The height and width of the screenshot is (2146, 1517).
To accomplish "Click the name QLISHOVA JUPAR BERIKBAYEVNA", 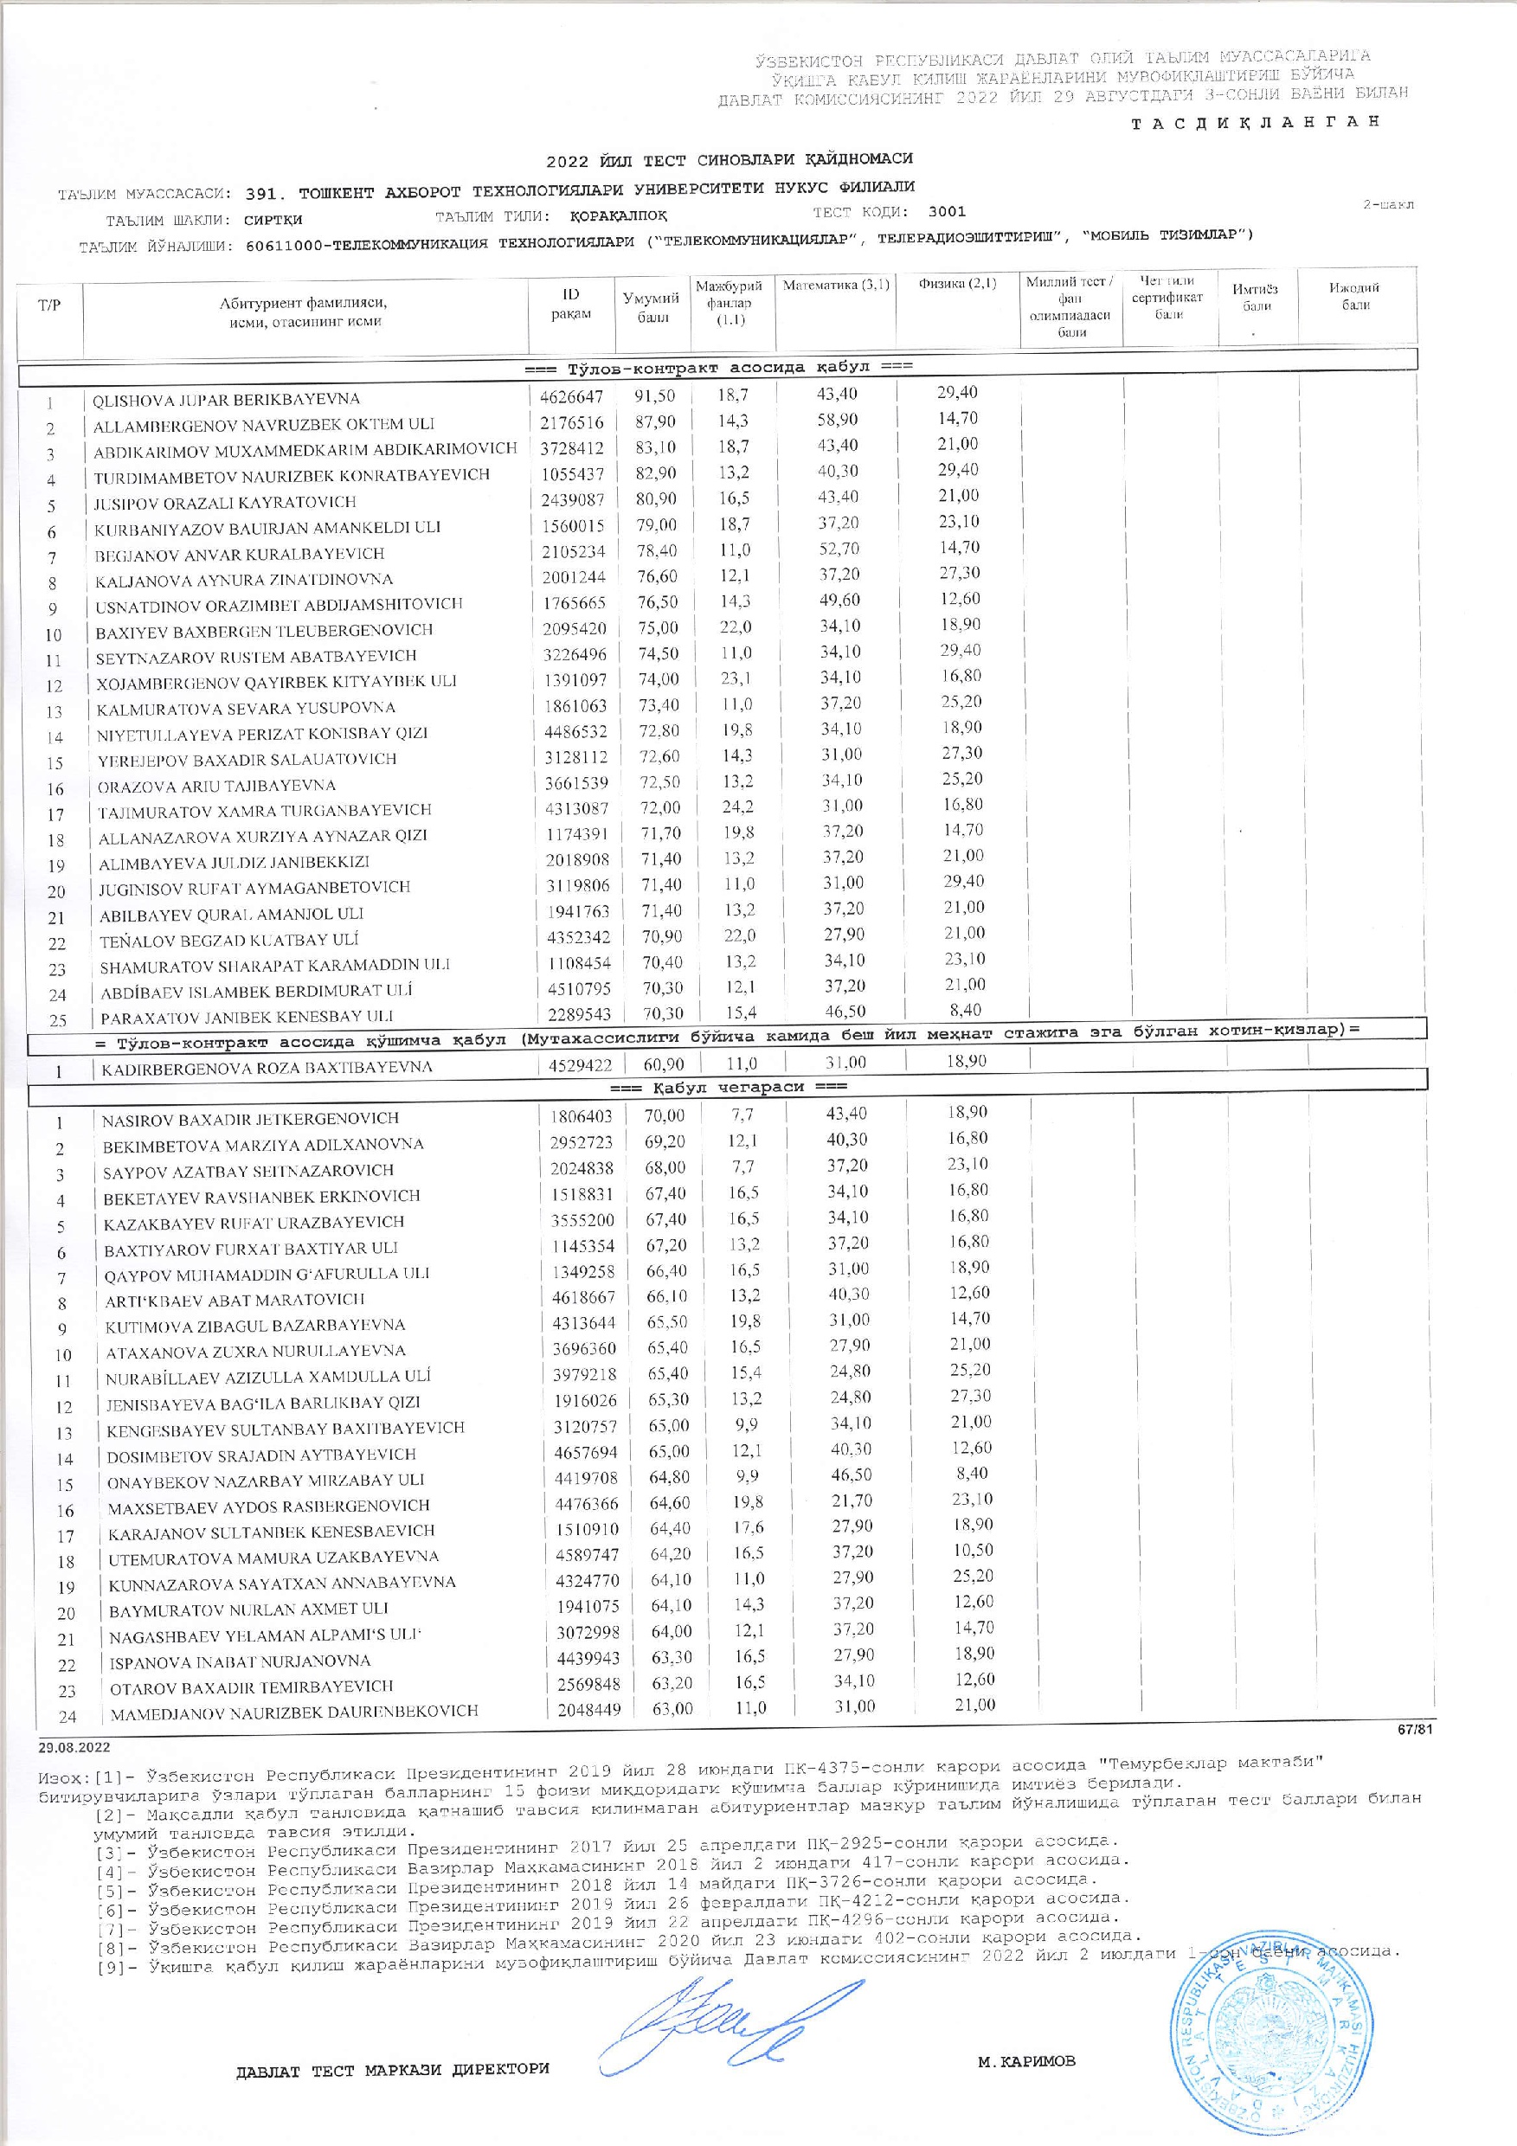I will (x=225, y=399).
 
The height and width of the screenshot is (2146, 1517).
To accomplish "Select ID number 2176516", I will (x=571, y=422).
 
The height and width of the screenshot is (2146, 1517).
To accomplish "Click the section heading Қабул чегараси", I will (x=728, y=1087).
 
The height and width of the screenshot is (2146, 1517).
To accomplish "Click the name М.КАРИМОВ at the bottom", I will (x=1026, y=2079).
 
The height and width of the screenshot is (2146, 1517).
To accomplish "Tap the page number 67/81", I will (x=1415, y=1731).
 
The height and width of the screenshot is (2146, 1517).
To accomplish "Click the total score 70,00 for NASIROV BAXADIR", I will (x=665, y=1115).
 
